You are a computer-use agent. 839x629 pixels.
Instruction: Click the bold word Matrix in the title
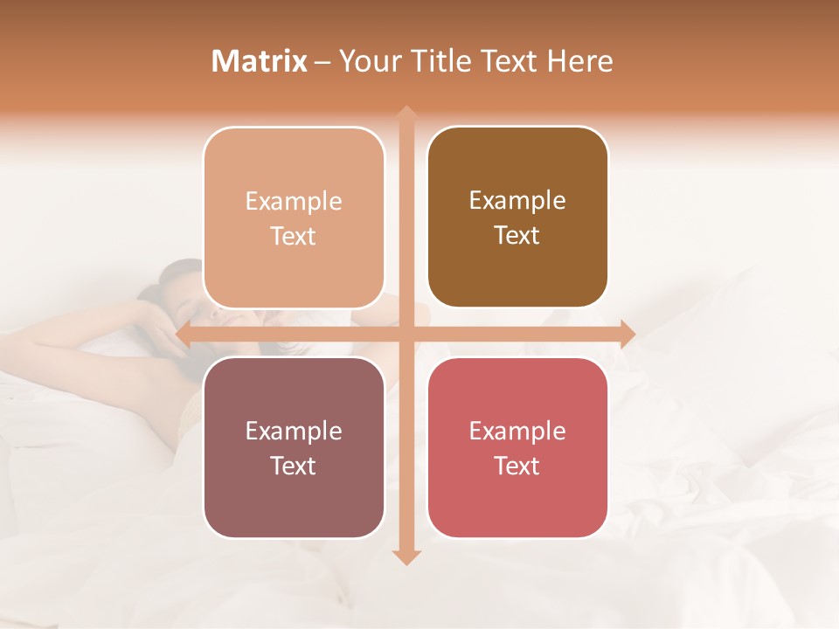pos(260,61)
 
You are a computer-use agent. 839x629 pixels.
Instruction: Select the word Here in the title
pos(579,61)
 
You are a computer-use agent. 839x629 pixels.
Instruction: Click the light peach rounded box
pos(294,218)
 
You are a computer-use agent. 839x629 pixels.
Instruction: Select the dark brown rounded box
pos(517,218)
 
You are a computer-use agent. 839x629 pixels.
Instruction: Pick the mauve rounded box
pos(294,447)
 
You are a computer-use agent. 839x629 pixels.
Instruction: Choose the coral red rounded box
pos(517,447)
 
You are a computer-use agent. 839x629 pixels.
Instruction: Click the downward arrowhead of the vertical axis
pos(406,556)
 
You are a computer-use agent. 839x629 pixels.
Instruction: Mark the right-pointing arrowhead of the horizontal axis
pos(627,333)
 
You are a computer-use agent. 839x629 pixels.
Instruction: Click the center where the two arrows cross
pos(406,333)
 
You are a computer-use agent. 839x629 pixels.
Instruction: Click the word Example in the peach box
pos(294,201)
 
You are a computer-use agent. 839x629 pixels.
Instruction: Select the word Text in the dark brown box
pos(517,236)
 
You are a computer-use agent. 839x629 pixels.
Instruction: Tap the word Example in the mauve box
pos(294,431)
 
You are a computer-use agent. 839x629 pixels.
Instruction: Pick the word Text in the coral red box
pos(517,466)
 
